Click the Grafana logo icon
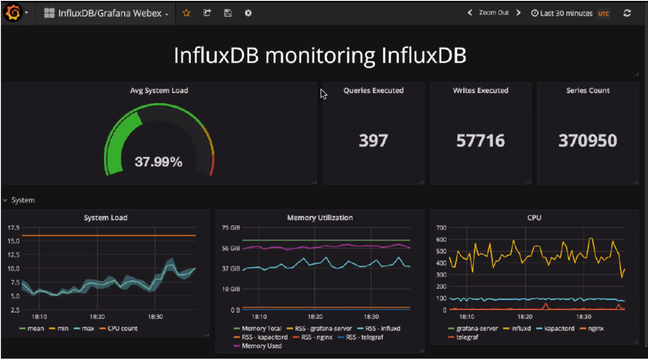click(x=13, y=13)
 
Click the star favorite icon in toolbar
click(x=187, y=13)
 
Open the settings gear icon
click(x=248, y=13)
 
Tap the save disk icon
click(x=228, y=13)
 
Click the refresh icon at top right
click(x=627, y=13)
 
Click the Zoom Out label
click(x=493, y=13)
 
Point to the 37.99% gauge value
click(x=159, y=162)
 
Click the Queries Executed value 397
click(x=373, y=141)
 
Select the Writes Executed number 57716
click(x=481, y=141)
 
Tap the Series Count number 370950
click(x=588, y=141)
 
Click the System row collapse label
click(x=23, y=200)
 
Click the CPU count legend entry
click(x=122, y=328)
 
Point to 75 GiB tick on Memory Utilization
click(x=231, y=228)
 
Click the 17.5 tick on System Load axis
click(x=14, y=228)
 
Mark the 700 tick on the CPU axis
click(x=441, y=228)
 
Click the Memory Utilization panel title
click(x=320, y=218)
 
